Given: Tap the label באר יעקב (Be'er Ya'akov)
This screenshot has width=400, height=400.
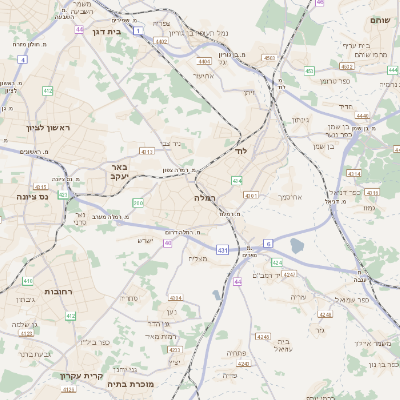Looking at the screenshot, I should coord(119,173).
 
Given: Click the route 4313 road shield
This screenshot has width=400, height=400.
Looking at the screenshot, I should coord(147,152).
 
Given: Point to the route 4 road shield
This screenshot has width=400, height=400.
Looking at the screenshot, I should coord(22,59).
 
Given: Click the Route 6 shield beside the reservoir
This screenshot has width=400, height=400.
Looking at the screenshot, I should coord(268,243).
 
